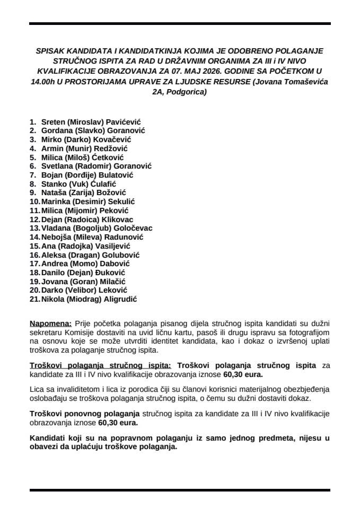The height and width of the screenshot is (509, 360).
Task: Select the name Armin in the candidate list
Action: click(x=52, y=149)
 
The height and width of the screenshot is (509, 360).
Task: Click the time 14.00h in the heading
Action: click(x=44, y=82)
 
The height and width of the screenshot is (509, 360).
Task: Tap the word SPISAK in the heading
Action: click(x=50, y=51)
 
